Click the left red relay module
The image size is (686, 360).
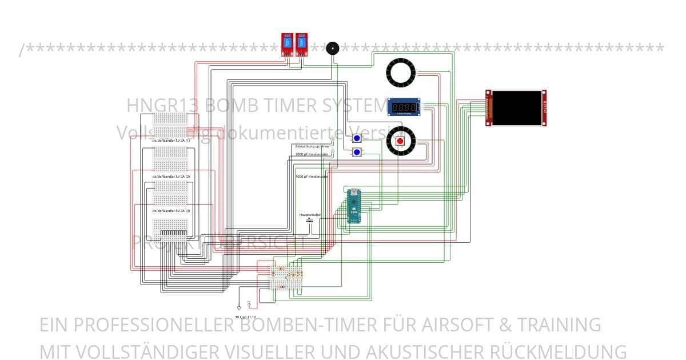click(287, 45)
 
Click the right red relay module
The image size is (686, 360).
click(300, 45)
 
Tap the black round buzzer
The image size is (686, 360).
click(332, 49)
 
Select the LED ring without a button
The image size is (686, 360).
click(401, 73)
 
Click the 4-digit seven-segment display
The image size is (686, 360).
click(404, 107)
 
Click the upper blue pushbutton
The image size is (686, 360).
click(357, 138)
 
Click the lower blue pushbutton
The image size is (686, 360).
click(357, 152)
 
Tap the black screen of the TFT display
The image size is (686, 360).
click(518, 108)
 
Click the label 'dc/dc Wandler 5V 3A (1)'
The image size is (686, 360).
click(171, 140)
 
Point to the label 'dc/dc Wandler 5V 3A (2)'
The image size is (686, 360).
click(171, 177)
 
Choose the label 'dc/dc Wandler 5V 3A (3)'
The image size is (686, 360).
click(171, 211)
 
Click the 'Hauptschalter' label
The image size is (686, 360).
click(310, 215)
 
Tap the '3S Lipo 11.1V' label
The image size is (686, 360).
click(246, 317)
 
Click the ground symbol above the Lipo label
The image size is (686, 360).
click(239, 307)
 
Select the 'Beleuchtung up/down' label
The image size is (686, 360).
click(312, 146)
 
